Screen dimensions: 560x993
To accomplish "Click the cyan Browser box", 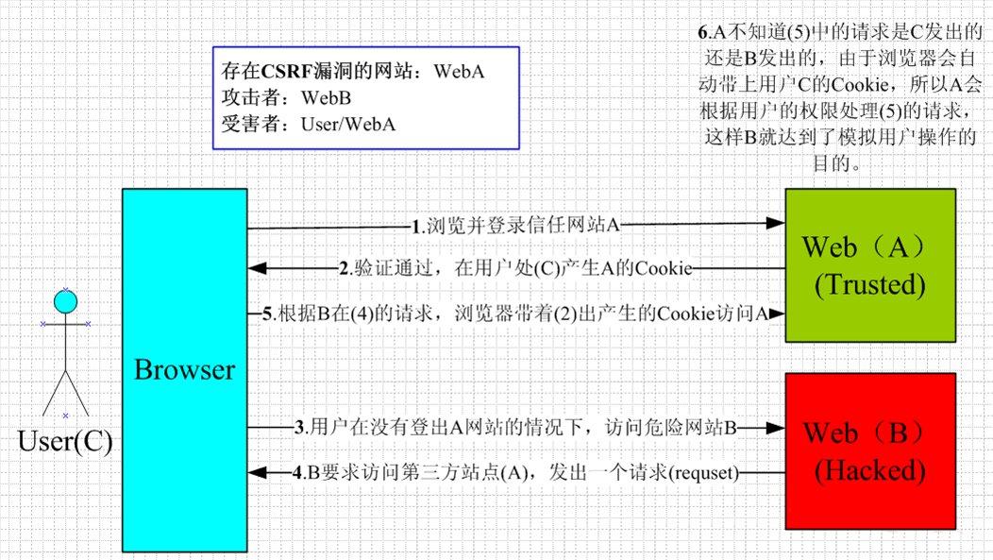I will pyautogui.click(x=184, y=368).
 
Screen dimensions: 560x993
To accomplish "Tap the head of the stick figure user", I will pyautogui.click(x=64, y=301).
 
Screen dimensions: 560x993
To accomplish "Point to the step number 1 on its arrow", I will pyautogui.click(x=416, y=227).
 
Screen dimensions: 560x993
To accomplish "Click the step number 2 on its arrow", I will pyautogui.click(x=345, y=269).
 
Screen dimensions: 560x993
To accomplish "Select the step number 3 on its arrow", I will pyautogui.click(x=299, y=428).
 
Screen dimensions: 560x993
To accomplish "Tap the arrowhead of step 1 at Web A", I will pyautogui.click(x=777, y=225).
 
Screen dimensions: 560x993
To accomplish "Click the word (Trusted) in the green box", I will pyautogui.click(x=870, y=283).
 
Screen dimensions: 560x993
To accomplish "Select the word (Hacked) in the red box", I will pyautogui.click(x=870, y=468).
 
